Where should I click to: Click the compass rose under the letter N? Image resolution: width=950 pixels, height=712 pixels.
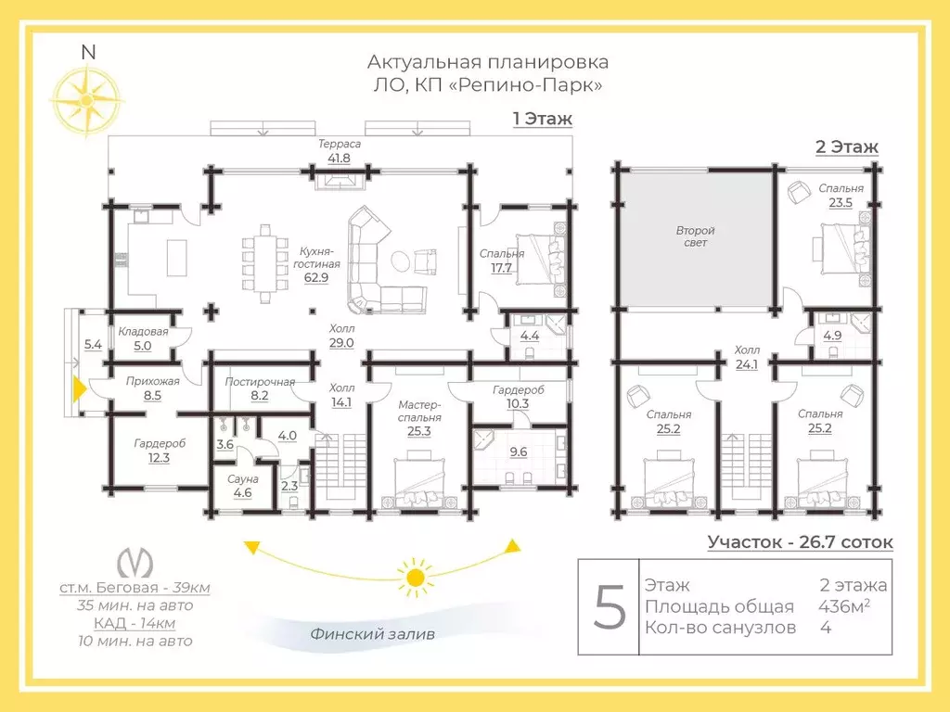(x=86, y=100)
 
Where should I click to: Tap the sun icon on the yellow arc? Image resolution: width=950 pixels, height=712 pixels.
(x=415, y=577)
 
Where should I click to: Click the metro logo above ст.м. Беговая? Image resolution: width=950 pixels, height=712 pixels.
(x=135, y=563)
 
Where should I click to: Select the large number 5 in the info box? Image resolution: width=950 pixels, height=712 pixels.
(x=609, y=607)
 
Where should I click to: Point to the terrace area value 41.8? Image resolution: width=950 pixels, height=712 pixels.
(x=340, y=159)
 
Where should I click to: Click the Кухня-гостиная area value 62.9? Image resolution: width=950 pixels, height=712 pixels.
(x=316, y=278)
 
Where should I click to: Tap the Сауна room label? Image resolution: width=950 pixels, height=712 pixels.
(x=243, y=479)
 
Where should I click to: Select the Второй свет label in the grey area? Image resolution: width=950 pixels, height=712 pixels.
(x=696, y=236)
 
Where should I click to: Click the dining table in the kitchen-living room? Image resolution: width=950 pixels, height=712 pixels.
(x=265, y=263)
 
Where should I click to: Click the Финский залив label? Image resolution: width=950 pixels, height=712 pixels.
(x=373, y=634)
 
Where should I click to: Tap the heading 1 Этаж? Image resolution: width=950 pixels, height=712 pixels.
(x=542, y=119)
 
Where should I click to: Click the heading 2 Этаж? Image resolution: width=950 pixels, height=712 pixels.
(x=847, y=147)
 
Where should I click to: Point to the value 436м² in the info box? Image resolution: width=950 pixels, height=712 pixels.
(x=844, y=605)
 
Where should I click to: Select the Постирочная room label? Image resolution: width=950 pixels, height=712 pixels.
(x=260, y=382)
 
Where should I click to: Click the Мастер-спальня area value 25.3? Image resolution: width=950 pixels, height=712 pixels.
(x=419, y=432)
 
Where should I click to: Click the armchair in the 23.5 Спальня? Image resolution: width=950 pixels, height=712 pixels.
(x=799, y=192)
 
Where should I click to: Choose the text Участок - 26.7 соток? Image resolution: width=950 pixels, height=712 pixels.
(x=800, y=541)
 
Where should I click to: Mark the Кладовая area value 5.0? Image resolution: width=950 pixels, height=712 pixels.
(x=142, y=347)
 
